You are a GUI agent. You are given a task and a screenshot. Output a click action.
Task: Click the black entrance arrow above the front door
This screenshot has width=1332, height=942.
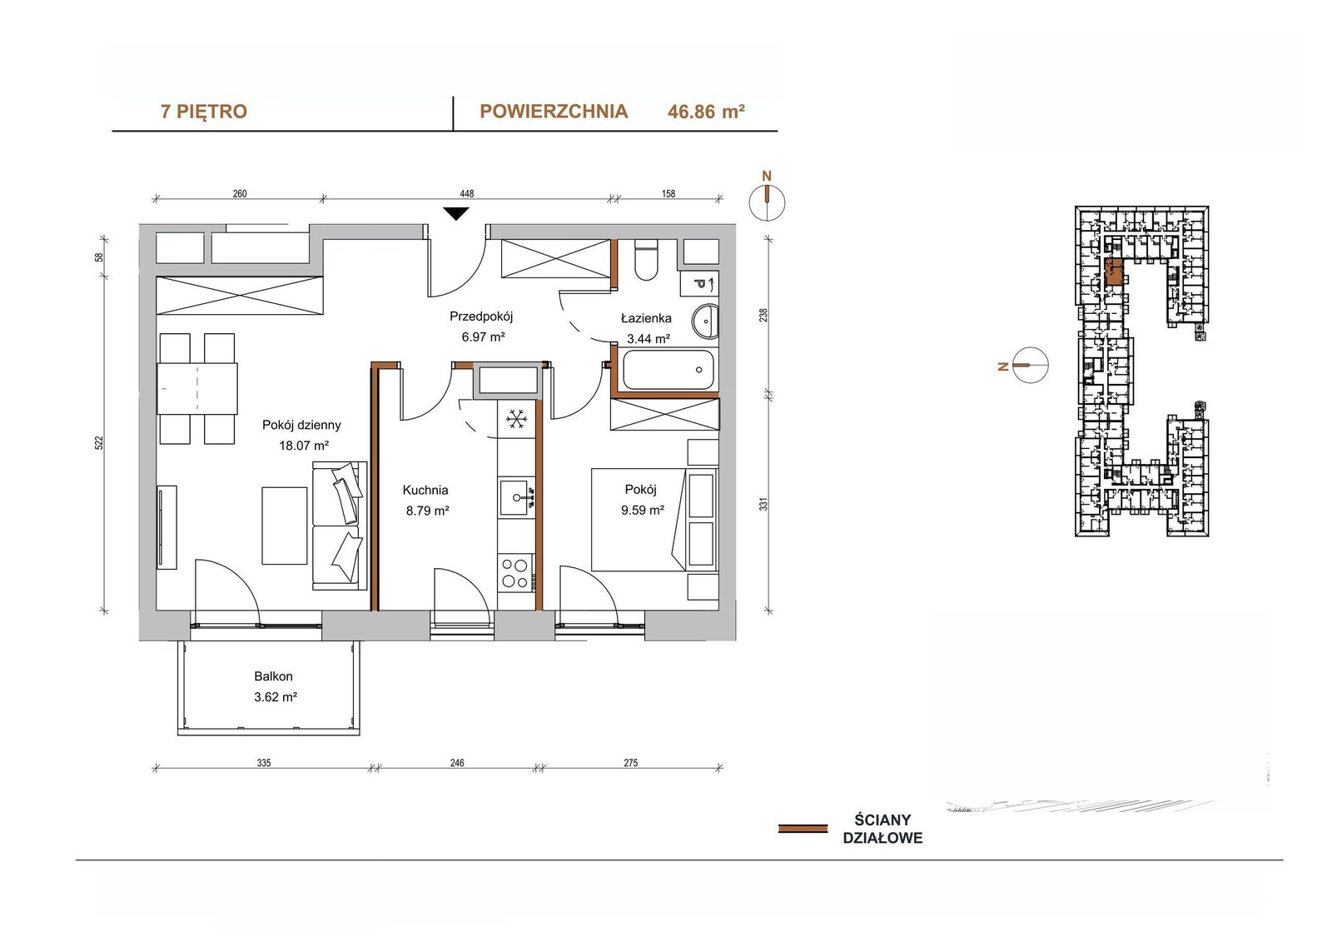(x=456, y=213)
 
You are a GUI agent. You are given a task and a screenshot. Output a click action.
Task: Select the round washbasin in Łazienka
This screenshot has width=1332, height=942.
(x=705, y=321)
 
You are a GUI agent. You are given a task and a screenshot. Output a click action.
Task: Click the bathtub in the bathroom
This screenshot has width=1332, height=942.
(x=667, y=370)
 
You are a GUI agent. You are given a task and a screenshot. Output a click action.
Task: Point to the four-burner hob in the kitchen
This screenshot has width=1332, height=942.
(x=515, y=572)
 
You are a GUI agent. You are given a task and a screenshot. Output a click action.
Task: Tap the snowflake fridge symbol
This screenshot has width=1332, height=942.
(x=516, y=419)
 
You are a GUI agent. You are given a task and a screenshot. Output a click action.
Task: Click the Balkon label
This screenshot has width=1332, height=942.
(x=274, y=676)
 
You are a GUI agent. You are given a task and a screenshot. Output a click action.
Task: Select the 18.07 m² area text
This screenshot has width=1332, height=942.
(x=304, y=445)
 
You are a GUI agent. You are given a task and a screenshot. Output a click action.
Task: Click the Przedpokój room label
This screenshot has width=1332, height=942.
(x=481, y=316)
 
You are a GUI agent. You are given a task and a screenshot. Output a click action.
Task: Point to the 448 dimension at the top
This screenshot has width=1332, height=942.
(x=467, y=193)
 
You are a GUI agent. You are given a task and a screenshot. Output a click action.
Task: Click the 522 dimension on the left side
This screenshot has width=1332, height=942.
(x=99, y=443)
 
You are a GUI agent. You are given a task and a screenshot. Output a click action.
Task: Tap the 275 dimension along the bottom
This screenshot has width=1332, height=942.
(x=631, y=762)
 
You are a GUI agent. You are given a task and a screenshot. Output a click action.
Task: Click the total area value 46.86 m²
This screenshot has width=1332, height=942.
(x=707, y=112)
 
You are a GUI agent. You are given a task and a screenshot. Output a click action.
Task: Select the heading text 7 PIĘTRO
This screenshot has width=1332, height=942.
(x=204, y=112)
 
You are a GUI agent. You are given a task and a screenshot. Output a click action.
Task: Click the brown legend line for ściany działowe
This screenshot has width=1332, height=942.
(x=803, y=829)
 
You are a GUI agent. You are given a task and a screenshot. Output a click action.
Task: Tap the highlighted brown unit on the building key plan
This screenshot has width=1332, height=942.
(x=1113, y=272)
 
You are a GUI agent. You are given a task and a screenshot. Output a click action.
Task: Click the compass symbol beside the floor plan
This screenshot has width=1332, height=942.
(x=767, y=202)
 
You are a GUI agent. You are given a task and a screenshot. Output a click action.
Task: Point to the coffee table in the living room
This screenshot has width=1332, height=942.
(x=284, y=526)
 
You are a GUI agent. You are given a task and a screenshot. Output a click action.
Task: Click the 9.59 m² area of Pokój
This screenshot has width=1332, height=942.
(x=643, y=510)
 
